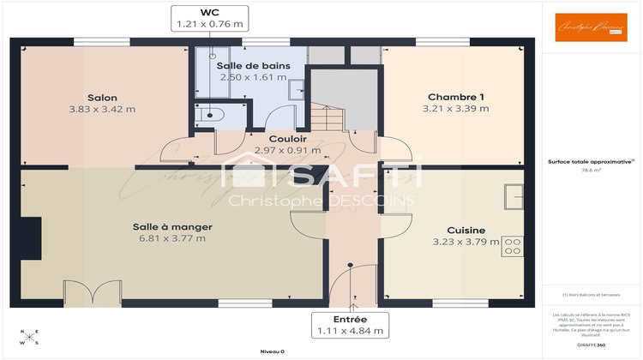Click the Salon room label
point(102,98)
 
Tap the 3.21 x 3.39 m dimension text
point(455,109)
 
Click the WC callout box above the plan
point(209,18)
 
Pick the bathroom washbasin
point(297,89)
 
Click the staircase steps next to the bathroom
point(328,118)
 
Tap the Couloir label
point(282,139)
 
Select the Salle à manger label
point(171,226)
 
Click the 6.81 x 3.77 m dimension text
point(171,238)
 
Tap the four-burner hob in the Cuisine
point(513,247)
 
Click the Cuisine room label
point(466,230)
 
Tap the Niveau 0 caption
point(272,351)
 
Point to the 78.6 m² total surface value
point(591,170)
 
